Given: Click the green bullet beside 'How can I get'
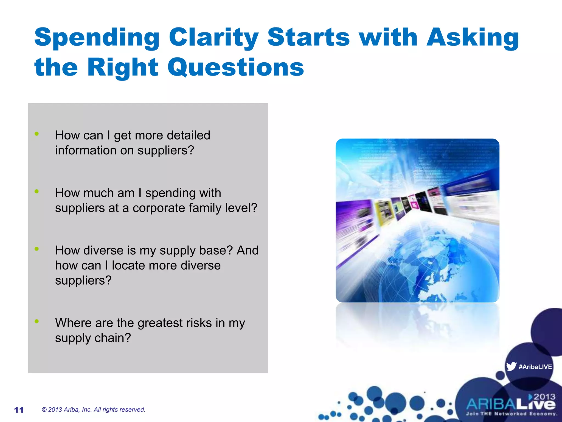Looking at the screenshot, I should pos(36,134).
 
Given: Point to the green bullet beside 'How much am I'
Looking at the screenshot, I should pos(36,191).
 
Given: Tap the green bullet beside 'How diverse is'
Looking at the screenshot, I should pos(36,249).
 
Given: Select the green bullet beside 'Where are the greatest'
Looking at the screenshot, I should pos(36,321).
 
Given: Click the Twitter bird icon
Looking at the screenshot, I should pos(511,367).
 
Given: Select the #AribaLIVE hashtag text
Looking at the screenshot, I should pos(535,367).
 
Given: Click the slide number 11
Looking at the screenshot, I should pos(19,410).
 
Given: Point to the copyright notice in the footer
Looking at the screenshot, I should pos(93,410).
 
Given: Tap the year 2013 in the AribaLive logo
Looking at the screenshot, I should pos(544,397).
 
